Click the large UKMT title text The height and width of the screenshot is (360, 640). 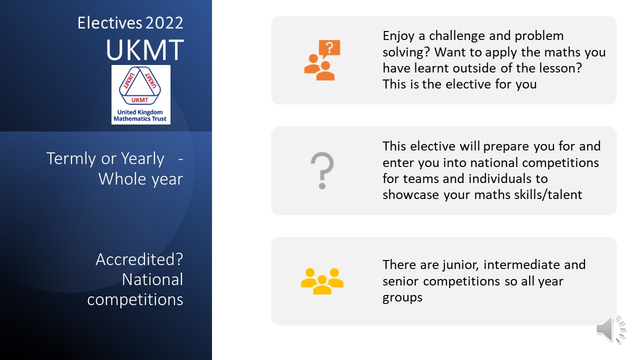point(145,49)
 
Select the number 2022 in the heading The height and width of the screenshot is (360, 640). point(164,23)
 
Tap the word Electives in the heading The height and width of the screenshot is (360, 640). point(109,23)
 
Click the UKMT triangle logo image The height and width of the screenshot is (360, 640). point(141,94)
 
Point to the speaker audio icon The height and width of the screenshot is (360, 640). point(611,329)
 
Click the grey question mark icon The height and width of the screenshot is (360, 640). point(322,170)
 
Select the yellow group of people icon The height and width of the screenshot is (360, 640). point(322,281)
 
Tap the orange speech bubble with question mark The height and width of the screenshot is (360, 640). point(329,48)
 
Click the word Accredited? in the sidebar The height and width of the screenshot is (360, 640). point(139,259)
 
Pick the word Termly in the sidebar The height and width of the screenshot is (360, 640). point(71,159)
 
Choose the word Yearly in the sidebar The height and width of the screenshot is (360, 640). point(142,159)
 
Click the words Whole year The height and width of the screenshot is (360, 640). point(141,179)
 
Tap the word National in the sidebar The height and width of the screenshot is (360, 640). point(152,279)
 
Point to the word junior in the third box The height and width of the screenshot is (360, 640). point(460,265)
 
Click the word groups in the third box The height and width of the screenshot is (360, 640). point(402,297)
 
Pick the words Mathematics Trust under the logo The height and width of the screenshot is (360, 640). point(140,119)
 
